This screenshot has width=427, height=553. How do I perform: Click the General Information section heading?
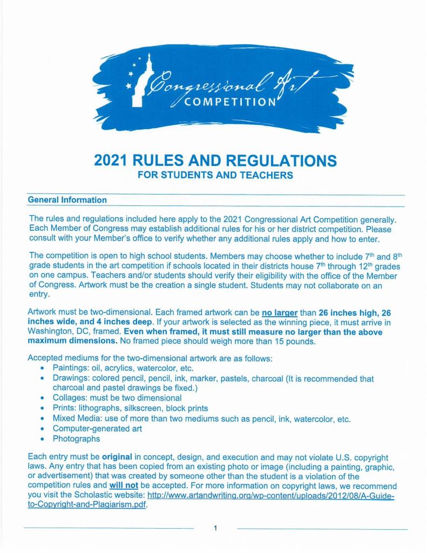[67, 200]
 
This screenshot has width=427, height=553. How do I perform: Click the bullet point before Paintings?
[42, 369]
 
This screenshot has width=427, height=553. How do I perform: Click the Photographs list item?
[76, 439]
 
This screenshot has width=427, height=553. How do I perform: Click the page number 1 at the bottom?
[215, 528]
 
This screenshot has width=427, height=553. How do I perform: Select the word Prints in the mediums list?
[65, 409]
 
